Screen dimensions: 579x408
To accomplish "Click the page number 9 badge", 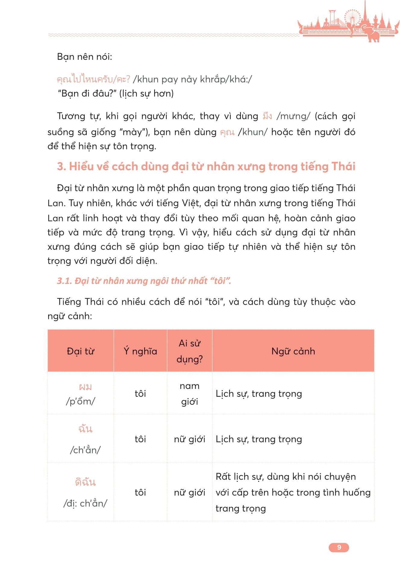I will pos(339,547).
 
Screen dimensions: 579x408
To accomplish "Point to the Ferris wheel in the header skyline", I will pos(352,17).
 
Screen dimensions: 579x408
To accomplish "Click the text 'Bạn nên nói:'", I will pos(84,57).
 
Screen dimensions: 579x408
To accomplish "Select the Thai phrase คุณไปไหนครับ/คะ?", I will pos(93,79).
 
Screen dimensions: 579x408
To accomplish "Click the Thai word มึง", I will pos(267,116).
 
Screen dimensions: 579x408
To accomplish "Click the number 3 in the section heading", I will pos(61,167).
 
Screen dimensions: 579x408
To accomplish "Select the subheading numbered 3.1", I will pos(144,281).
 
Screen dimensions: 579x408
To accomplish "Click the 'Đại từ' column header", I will pos(80,351).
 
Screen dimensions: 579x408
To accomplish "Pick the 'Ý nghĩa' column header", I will pos(140,351).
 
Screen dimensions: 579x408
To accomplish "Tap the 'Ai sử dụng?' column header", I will pos(189,351).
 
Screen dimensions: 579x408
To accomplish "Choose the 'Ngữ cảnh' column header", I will pos(293,351).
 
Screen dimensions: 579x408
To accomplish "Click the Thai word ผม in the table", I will pos(85,387).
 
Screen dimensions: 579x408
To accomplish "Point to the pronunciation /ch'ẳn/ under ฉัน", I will pos(85,450).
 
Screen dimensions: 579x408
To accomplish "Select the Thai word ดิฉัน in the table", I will pos(85,482).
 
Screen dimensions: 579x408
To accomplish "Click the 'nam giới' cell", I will pos(189,393).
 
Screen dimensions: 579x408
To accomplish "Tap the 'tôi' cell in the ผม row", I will pos(140,393).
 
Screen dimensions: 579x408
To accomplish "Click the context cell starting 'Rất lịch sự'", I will pos(293,492).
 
